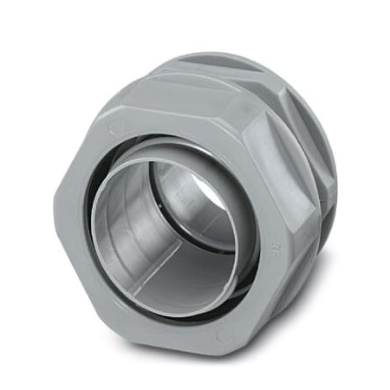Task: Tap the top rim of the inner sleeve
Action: pos(165,165)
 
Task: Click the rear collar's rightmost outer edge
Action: pos(336,173)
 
